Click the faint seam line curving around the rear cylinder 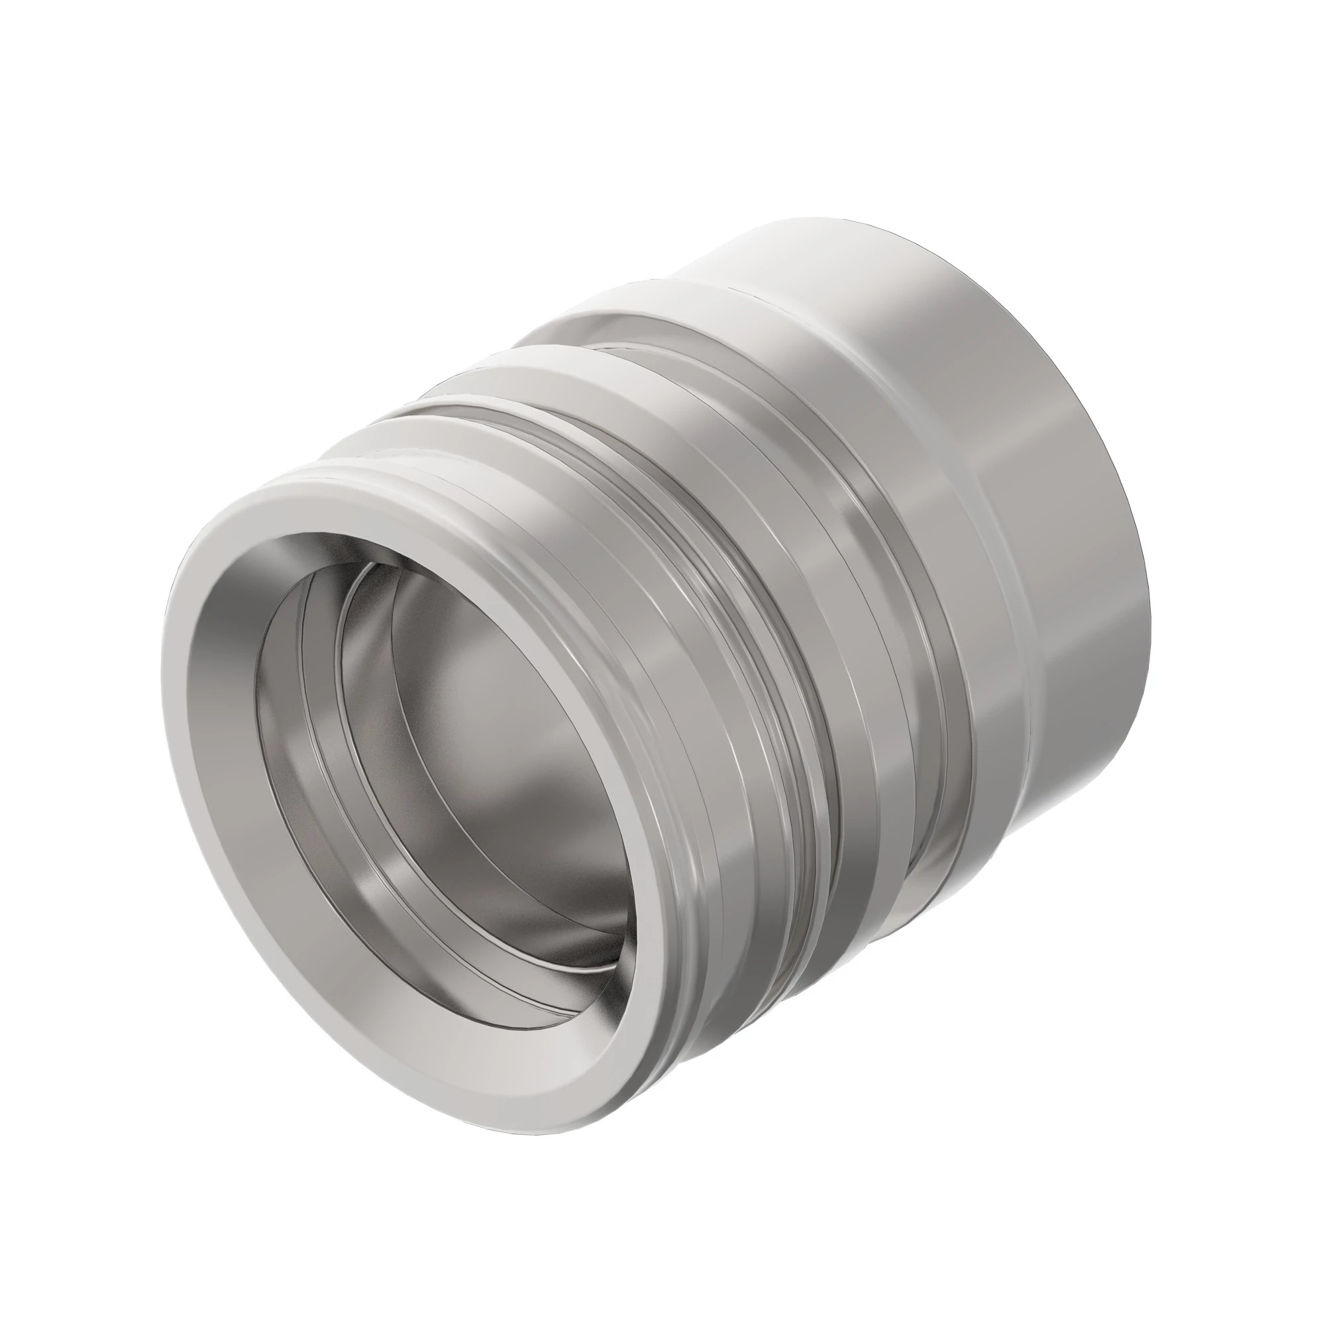pyautogui.click(x=1015, y=583)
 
